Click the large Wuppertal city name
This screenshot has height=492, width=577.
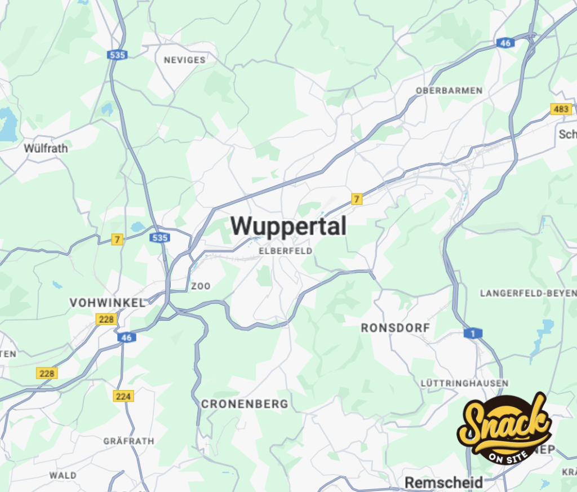point(288,227)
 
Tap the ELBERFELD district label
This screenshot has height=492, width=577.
point(285,251)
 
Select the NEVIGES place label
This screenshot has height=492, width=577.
point(184,60)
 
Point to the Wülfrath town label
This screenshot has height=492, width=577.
point(46,148)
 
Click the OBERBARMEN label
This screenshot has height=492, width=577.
point(449,90)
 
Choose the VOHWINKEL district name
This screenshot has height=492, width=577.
point(107,303)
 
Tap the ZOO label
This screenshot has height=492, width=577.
point(201,286)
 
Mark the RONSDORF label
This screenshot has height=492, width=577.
point(396,327)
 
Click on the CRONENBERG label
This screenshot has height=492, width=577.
point(245,404)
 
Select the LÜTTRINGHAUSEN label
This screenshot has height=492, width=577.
point(464,383)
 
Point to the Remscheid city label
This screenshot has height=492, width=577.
point(444,482)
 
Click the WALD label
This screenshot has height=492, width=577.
point(63,475)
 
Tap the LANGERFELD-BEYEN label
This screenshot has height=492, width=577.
point(527,293)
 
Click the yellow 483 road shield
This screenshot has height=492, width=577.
point(561,109)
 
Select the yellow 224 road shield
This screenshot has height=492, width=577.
point(123,396)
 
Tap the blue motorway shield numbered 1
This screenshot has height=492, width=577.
point(473,334)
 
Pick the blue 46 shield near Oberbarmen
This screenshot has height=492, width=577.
point(504,43)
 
